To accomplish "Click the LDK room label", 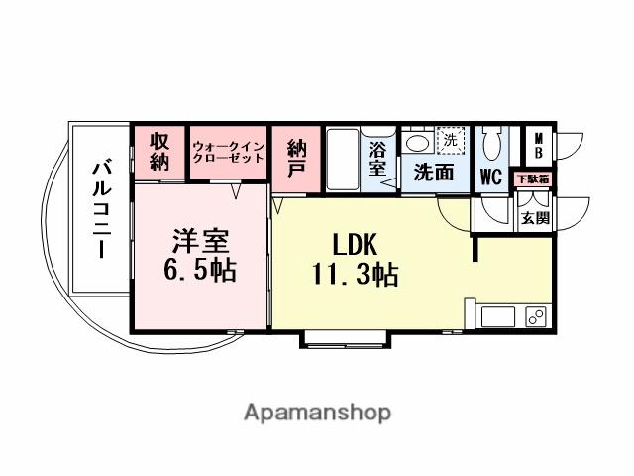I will click(355, 244).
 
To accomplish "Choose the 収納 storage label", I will click(160, 152).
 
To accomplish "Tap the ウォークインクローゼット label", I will click(229, 152).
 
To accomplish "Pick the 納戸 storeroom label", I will click(296, 159).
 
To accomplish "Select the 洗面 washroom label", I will click(435, 171).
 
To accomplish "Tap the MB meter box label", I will click(538, 146).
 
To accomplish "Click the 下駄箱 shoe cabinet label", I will click(535, 179).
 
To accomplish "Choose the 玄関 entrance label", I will click(536, 217).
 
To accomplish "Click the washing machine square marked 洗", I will click(451, 142).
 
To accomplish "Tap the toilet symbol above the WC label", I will click(490, 147).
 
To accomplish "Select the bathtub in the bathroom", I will click(341, 160).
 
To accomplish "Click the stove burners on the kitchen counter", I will click(536, 317).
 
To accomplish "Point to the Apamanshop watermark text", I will click(316, 412).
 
